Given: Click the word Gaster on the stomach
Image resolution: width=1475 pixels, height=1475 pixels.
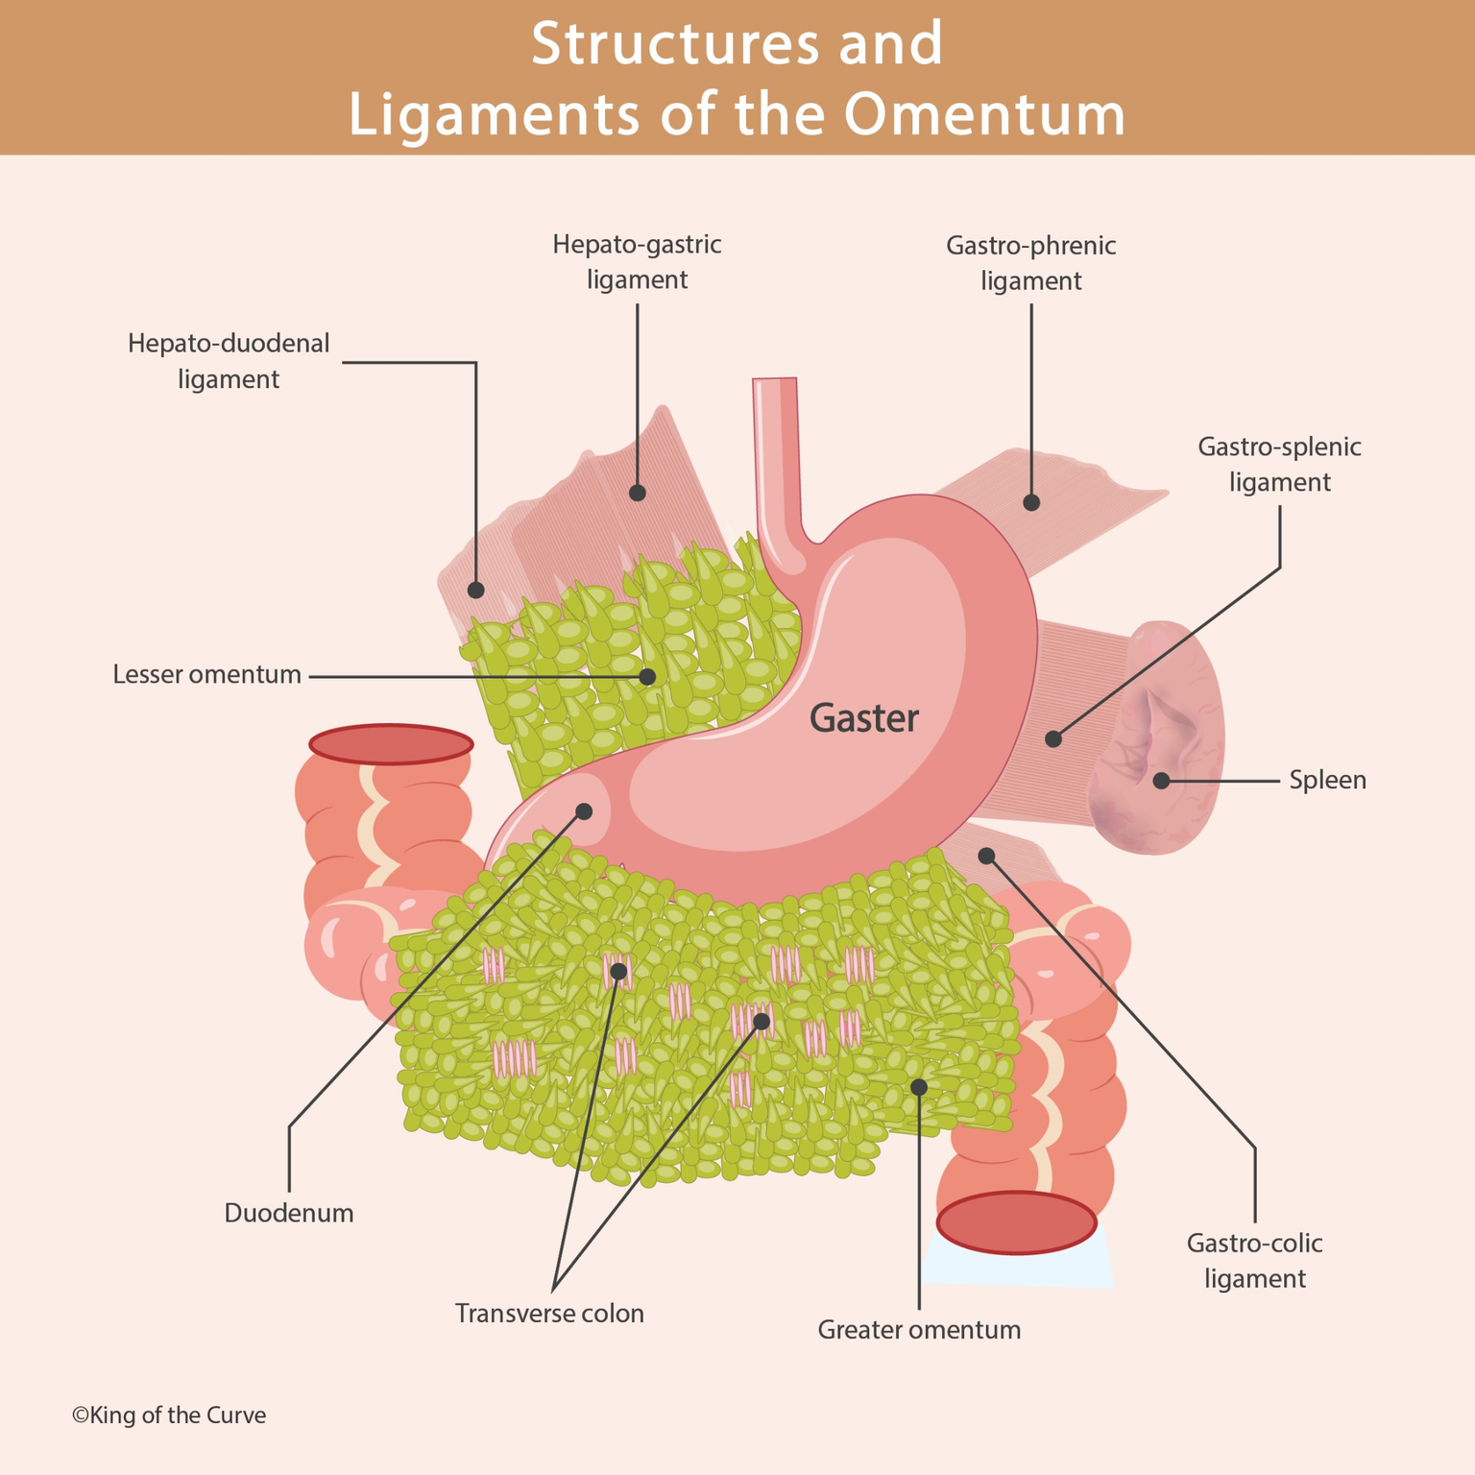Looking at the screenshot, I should tap(863, 718).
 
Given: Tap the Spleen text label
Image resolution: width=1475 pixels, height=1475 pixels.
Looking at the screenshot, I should tap(1327, 780).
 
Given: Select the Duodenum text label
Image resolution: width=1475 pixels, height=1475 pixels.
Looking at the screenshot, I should tap(289, 1213).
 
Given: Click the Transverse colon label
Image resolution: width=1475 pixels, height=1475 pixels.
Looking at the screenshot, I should tap(549, 1313).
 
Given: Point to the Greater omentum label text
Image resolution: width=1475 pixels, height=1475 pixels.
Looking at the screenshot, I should tap(919, 1330).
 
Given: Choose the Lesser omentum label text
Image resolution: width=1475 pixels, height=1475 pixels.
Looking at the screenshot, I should tap(207, 675).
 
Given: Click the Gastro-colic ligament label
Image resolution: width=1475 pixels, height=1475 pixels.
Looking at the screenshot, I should tap(1254, 1261).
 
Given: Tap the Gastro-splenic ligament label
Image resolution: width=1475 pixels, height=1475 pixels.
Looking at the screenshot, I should tap(1279, 464).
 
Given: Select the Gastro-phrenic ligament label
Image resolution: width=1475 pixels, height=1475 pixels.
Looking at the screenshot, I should tap(1030, 263).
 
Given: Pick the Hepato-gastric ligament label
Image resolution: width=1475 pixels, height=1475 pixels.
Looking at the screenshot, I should tap(637, 262).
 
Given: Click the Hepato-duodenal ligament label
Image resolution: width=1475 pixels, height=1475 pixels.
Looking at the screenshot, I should tap(229, 361).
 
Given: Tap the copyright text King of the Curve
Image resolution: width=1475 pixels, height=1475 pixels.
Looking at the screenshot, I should tap(169, 1415).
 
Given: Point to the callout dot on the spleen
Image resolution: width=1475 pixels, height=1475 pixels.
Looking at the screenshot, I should tap(1161, 781).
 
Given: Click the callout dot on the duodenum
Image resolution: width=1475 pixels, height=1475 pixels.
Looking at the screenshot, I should tap(583, 811).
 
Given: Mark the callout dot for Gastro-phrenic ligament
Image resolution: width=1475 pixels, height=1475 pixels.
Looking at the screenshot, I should tap(1031, 502).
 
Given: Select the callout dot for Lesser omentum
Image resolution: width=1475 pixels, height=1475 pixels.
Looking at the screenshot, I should tap(647, 677).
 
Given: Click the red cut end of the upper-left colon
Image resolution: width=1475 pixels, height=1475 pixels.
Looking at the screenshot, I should tap(391, 744).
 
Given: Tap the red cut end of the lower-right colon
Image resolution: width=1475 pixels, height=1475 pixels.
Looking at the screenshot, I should tap(1016, 1222).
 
